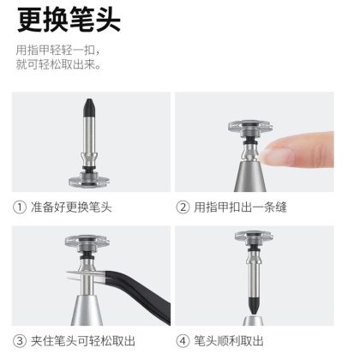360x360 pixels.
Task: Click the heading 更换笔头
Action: (69, 20)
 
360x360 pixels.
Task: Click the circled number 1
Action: (20, 207)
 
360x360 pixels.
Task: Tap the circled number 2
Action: (183, 207)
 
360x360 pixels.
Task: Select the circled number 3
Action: (20, 341)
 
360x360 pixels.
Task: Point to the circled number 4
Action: (183, 341)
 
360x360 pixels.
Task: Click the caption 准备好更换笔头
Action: (71, 207)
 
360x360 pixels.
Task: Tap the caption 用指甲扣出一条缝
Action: (240, 207)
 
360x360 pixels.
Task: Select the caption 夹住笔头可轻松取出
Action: (83, 341)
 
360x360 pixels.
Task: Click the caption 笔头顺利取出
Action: (229, 341)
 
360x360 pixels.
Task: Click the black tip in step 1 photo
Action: (89, 108)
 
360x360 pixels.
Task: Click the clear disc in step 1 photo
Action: (89, 181)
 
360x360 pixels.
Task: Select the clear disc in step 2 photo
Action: (250, 126)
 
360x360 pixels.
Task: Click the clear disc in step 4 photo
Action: (254, 236)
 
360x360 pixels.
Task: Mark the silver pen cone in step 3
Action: (87, 310)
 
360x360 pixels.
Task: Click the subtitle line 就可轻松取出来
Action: (58, 65)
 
